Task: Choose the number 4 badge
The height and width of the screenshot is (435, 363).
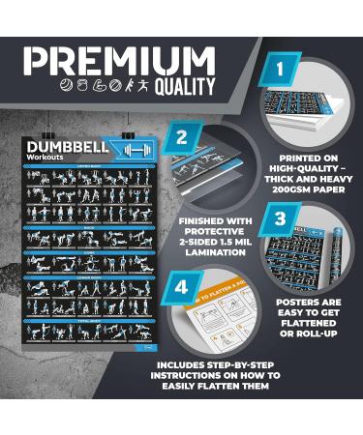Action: click(x=180, y=287)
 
